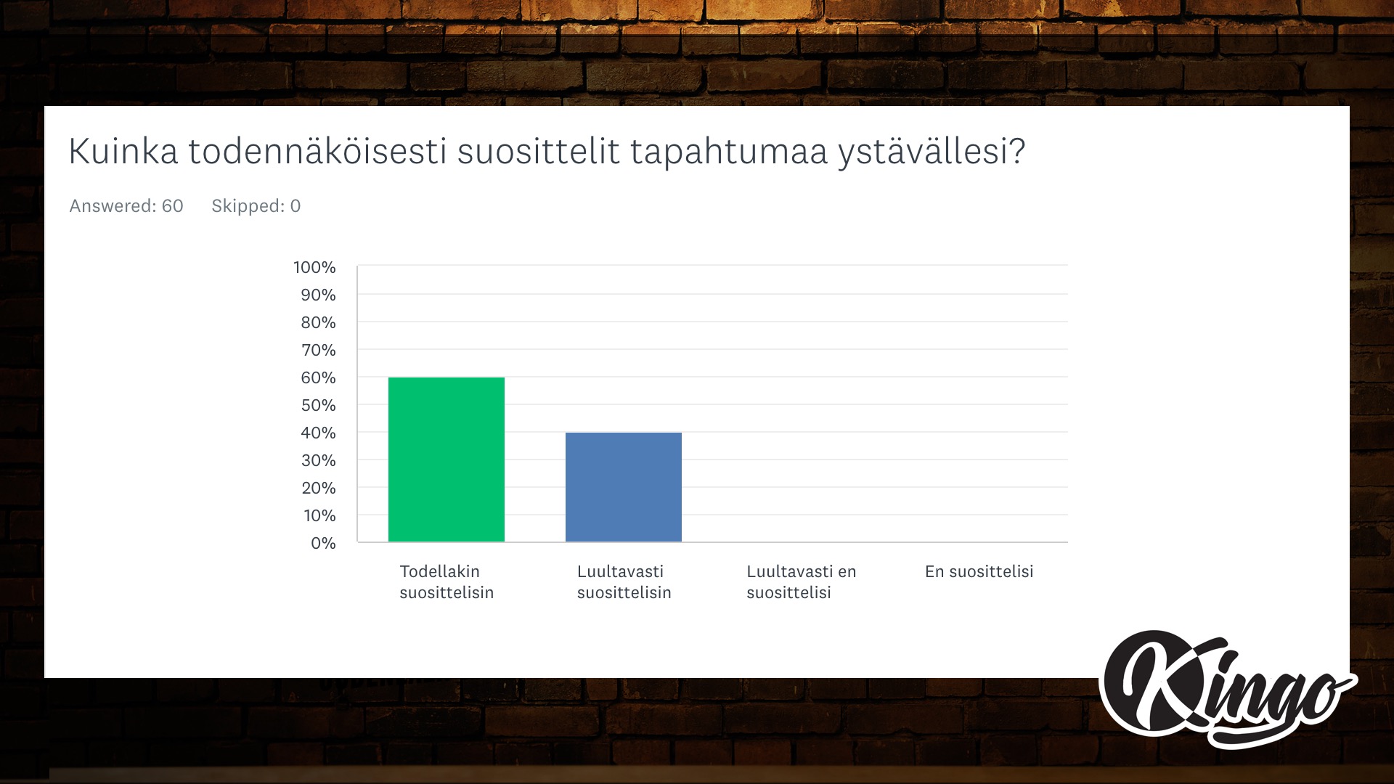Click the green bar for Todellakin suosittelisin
pyautogui.click(x=447, y=460)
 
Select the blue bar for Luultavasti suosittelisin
pyautogui.click(x=624, y=487)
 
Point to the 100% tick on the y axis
pyautogui.click(x=314, y=267)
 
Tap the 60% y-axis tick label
pyautogui.click(x=318, y=377)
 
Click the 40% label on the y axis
pyautogui.click(x=318, y=433)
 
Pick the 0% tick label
pyautogui.click(x=323, y=543)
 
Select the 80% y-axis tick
pyautogui.click(x=318, y=322)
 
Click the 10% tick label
pyautogui.click(x=319, y=515)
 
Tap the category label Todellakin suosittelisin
pyautogui.click(x=447, y=581)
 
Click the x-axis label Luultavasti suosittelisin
pyautogui.click(x=624, y=581)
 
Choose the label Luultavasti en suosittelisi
pyautogui.click(x=802, y=581)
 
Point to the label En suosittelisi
pyautogui.click(x=979, y=571)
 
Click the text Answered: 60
pyautogui.click(x=126, y=206)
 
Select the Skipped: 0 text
pyautogui.click(x=256, y=206)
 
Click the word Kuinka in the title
pyautogui.click(x=123, y=152)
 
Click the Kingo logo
pyautogui.click(x=1228, y=689)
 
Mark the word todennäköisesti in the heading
pyautogui.click(x=317, y=152)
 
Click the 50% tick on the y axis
pyautogui.click(x=318, y=405)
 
